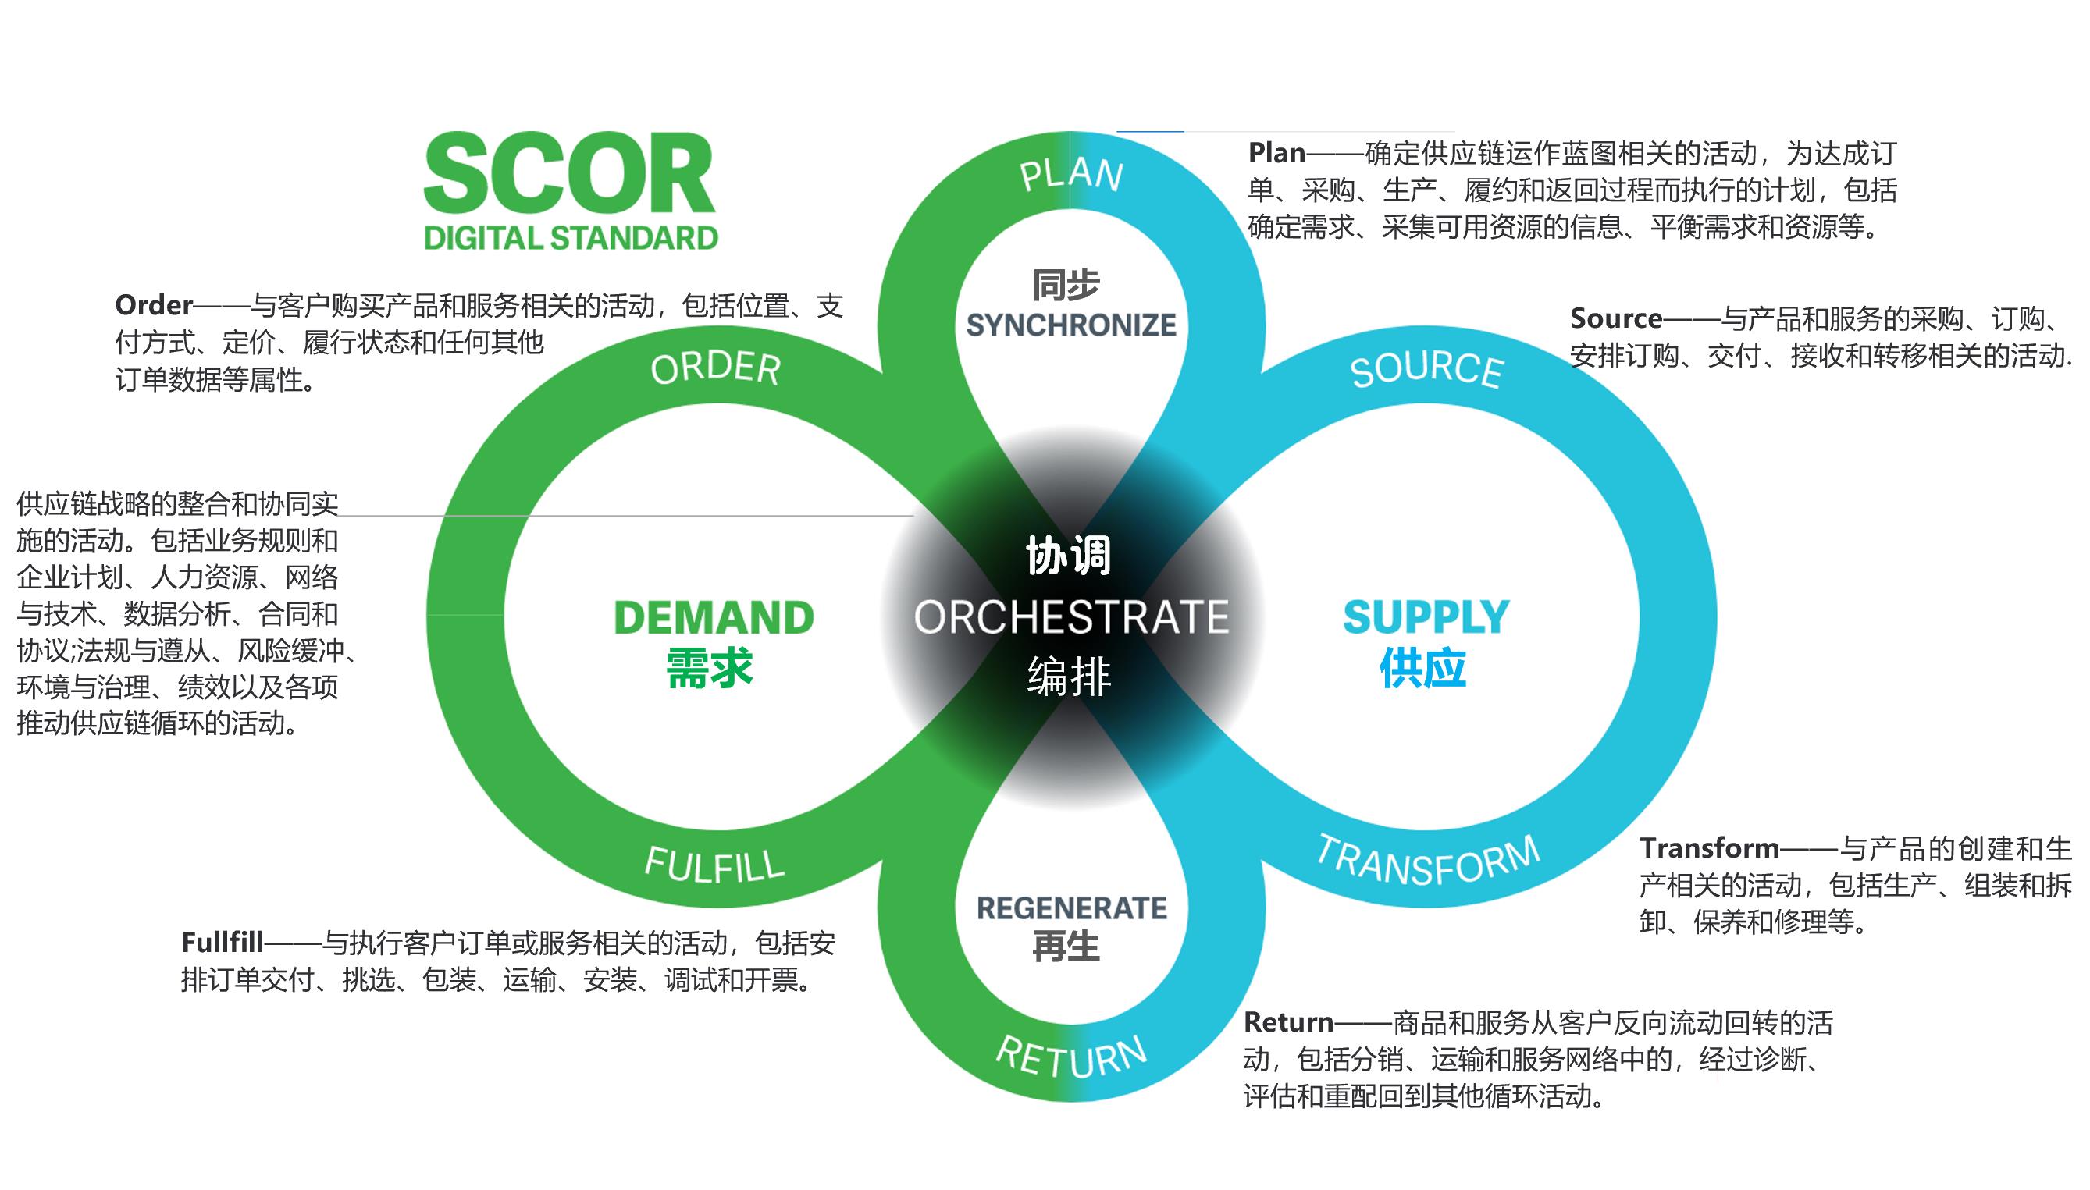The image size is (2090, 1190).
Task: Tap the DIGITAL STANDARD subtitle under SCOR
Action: pos(571,238)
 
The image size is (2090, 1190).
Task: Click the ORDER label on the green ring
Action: pos(715,368)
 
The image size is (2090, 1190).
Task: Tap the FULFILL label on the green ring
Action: pos(714,865)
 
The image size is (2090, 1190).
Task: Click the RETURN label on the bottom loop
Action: pos(1071,1057)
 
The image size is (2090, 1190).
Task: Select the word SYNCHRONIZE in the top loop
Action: pos(1071,325)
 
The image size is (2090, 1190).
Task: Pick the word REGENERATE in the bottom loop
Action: pos(1071,908)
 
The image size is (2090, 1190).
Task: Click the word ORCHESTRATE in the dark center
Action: pos(1071,617)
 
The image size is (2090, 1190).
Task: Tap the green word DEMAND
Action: pos(714,617)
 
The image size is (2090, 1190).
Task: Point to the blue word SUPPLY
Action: pos(1426,617)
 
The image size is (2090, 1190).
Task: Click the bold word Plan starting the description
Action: pos(1276,154)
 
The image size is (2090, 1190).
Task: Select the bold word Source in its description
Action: pos(1616,318)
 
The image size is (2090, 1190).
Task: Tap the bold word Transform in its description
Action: pos(1709,848)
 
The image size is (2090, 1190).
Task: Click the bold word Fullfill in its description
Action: pos(222,943)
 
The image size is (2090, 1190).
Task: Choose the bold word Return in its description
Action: pos(1288,1022)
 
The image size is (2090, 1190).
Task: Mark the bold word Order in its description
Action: pos(154,306)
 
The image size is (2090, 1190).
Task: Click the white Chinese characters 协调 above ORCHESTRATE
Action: pos(1068,556)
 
